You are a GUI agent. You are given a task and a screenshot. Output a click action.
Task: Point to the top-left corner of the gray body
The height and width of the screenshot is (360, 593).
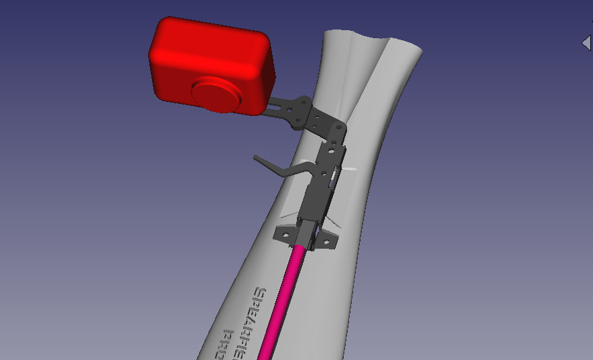tap(325, 33)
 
